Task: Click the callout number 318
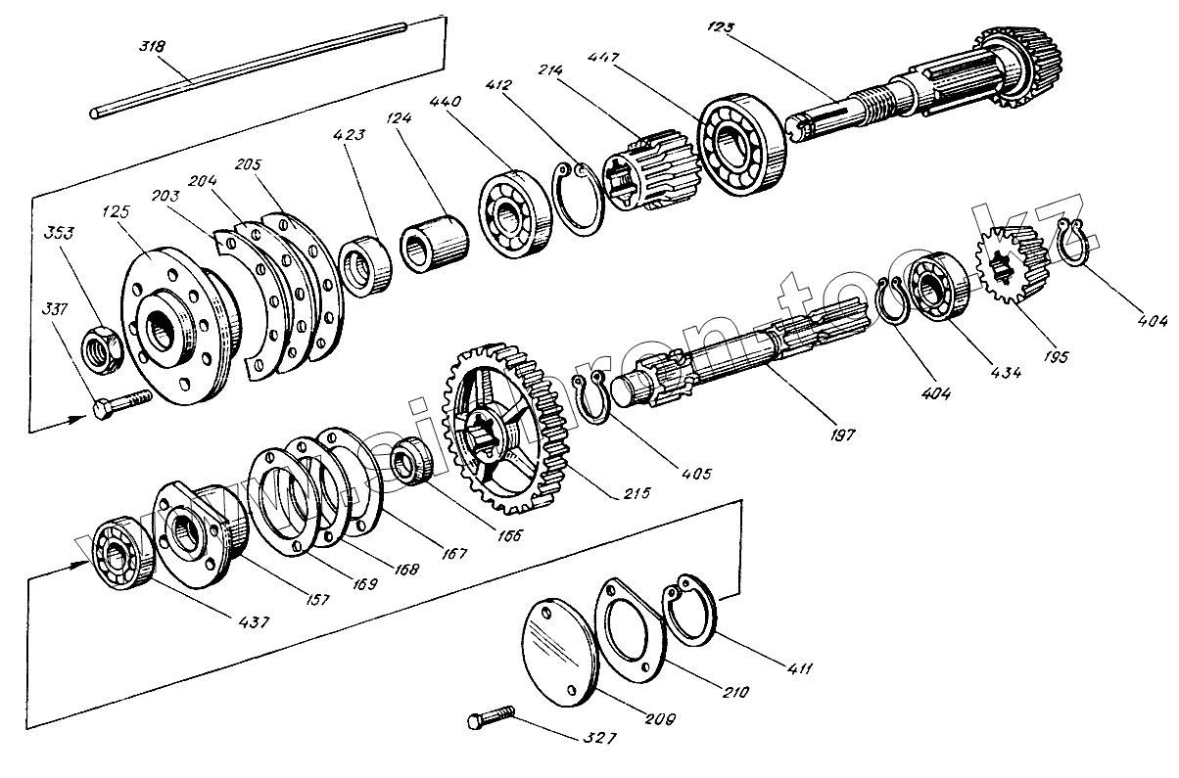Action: [154, 46]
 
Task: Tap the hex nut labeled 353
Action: [100, 346]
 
